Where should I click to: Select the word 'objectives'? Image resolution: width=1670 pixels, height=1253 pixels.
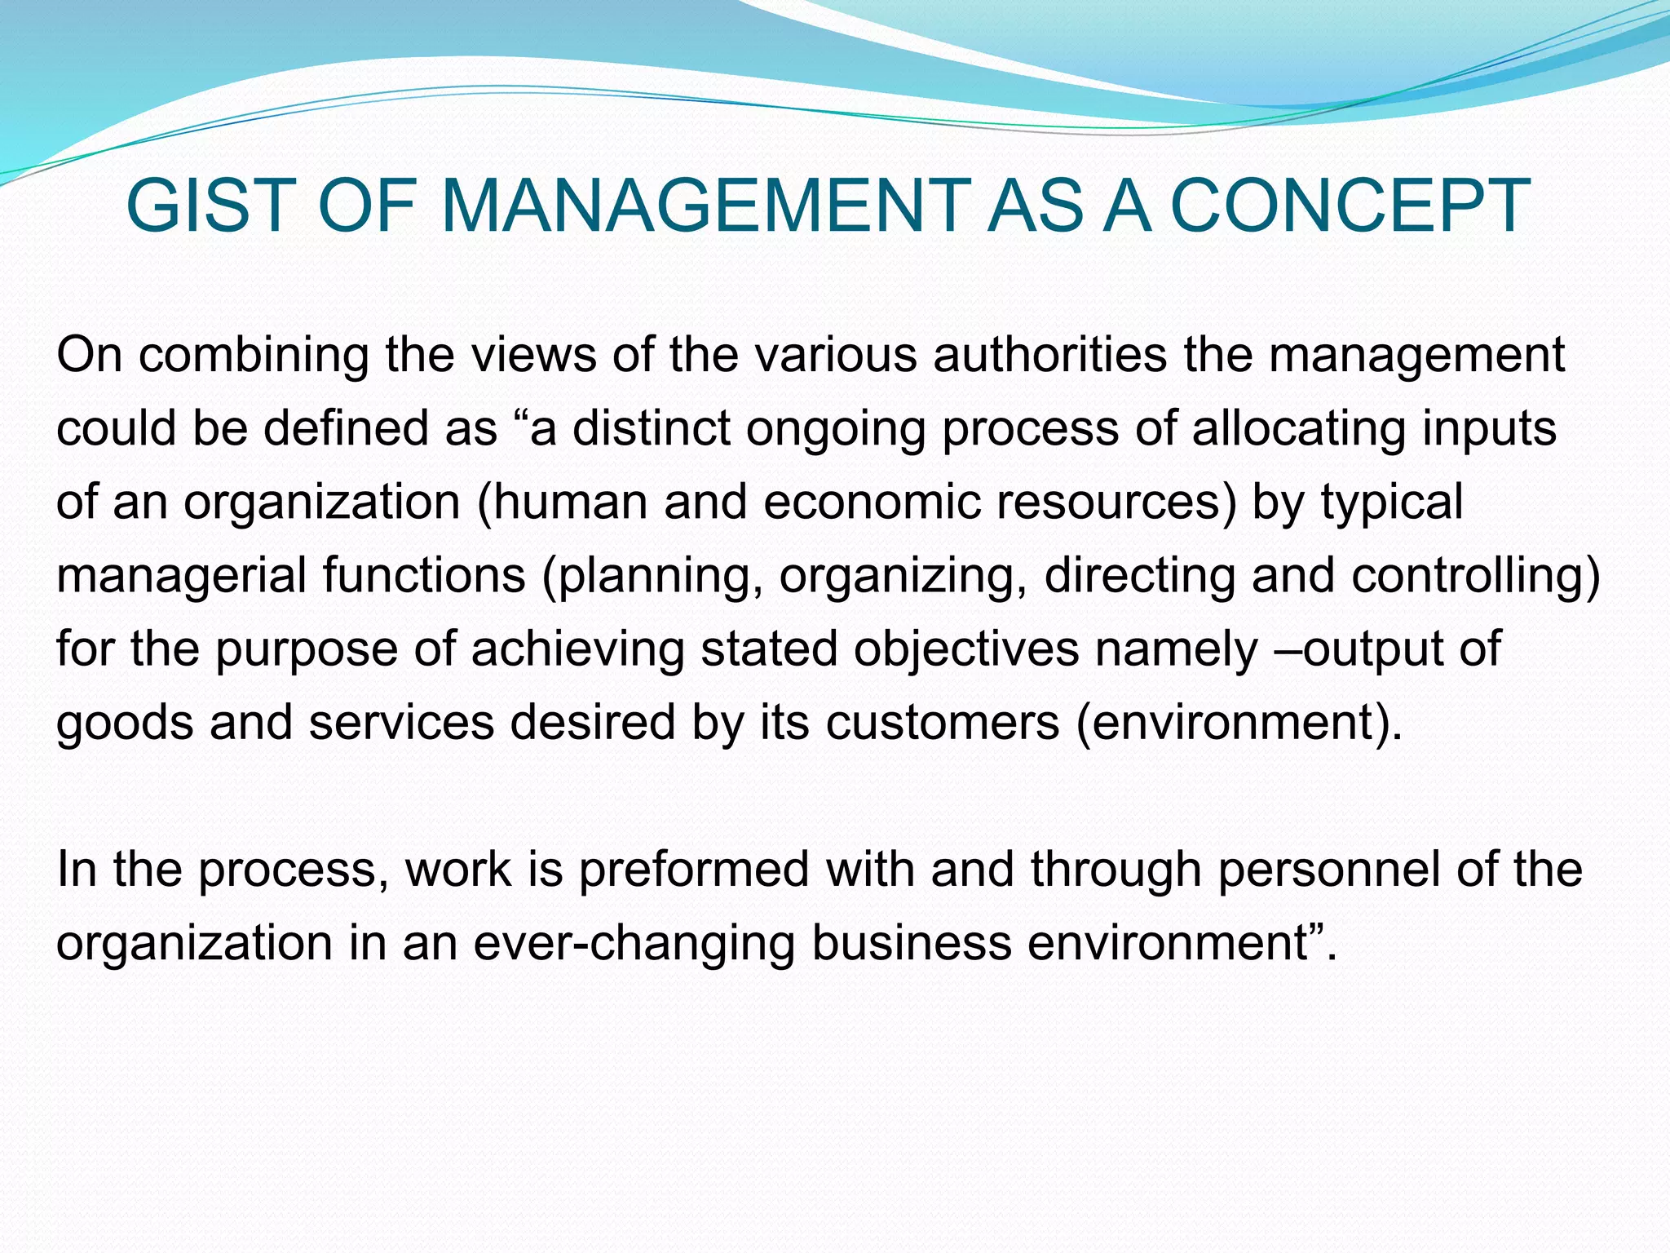(x=965, y=649)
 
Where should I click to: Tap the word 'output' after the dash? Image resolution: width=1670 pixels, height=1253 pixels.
(x=1371, y=649)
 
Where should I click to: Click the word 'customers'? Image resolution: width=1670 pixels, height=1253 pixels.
(x=942, y=723)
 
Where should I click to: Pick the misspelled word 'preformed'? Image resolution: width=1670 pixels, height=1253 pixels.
(x=693, y=870)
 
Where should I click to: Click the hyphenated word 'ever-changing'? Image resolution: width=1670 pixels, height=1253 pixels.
(x=633, y=943)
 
